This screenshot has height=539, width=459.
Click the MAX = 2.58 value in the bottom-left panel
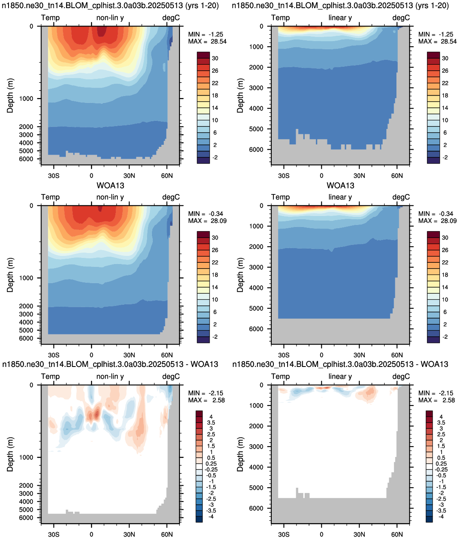pyautogui.click(x=206, y=400)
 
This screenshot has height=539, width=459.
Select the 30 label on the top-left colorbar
pyautogui.click(x=215, y=59)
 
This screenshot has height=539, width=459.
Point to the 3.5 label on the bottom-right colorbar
pyautogui.click(x=441, y=423)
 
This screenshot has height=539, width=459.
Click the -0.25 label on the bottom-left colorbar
pyautogui.click(x=211, y=469)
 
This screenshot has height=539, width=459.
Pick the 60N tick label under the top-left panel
pyautogui.click(x=167, y=176)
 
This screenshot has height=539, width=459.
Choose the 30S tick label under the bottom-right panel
pyautogui.click(x=284, y=534)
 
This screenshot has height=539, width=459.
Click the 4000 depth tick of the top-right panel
pyautogui.click(x=256, y=108)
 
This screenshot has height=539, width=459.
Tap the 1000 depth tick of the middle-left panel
pyautogui.click(x=26, y=278)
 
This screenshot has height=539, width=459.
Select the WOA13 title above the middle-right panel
pyautogui.click(x=340, y=185)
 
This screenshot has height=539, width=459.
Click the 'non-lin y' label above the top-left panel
pyautogui.click(x=110, y=18)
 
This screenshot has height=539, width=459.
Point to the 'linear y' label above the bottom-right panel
pyautogui.click(x=340, y=376)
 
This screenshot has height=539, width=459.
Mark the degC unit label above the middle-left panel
pyautogui.click(x=171, y=197)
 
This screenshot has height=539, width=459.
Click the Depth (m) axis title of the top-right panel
pyautogui.click(x=240, y=96)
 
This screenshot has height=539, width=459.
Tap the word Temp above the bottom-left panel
pyautogui.click(x=50, y=376)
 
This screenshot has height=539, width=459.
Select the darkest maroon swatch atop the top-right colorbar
pyautogui.click(x=433, y=55)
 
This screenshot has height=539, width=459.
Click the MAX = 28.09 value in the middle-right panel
pyautogui.click(x=437, y=221)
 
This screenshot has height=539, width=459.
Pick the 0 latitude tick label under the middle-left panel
pyautogui.click(x=91, y=355)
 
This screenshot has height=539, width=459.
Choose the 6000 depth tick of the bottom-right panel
pyautogui.click(x=256, y=508)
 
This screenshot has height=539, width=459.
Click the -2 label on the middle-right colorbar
pyautogui.click(x=445, y=337)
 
